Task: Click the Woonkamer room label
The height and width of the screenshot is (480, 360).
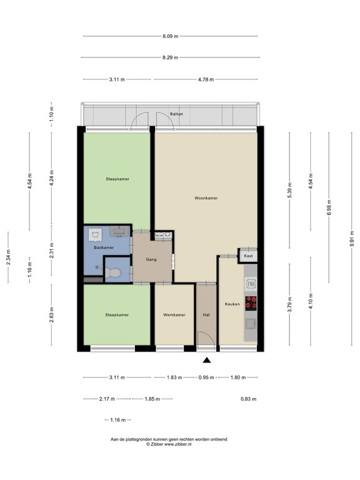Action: tap(206, 197)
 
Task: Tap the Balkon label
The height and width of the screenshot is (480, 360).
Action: tap(177, 114)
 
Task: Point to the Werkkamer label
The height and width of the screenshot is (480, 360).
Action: tap(174, 315)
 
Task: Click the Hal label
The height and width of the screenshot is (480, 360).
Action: tap(206, 315)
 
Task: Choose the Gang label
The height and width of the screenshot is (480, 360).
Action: tap(151, 259)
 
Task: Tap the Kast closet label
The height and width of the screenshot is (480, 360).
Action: tap(248, 256)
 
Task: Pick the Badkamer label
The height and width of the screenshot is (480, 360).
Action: tap(104, 248)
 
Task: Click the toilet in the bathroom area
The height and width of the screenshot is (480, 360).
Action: tap(114, 272)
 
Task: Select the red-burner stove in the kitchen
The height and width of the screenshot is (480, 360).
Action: tap(251, 303)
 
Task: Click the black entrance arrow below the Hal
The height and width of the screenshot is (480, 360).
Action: tap(207, 360)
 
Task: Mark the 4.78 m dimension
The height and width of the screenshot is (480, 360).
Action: tap(206, 80)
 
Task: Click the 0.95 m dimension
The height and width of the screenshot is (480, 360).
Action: tap(206, 377)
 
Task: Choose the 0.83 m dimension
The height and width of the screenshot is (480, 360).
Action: tap(248, 399)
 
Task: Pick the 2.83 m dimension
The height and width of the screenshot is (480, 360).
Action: tap(52, 314)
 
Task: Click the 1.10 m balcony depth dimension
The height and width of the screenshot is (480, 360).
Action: tap(52, 115)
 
